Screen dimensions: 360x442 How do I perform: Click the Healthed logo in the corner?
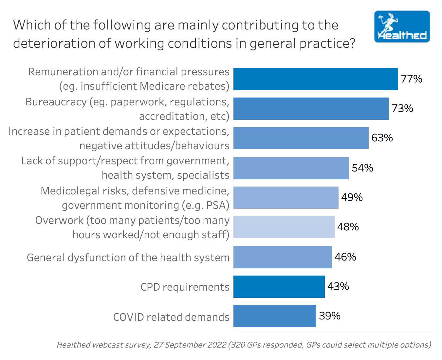(402, 27)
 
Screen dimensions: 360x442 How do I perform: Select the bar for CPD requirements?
(279, 287)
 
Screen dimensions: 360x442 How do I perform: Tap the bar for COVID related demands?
(275, 316)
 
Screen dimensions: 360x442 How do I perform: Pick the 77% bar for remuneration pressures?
(316, 79)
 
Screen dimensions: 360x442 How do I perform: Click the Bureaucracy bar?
(311, 109)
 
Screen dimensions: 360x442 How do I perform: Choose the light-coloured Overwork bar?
(284, 227)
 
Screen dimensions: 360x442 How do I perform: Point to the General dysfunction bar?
(283, 257)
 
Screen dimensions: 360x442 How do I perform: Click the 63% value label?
(382, 138)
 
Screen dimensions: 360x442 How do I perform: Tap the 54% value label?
(362, 168)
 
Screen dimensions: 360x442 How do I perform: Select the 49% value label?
(352, 197)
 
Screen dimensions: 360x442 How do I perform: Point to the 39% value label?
(329, 316)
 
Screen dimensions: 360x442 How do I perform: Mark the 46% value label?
(345, 257)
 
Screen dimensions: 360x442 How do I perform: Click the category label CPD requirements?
(185, 287)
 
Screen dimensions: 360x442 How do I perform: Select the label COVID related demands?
(171, 317)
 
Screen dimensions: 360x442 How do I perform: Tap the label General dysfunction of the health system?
(128, 258)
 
